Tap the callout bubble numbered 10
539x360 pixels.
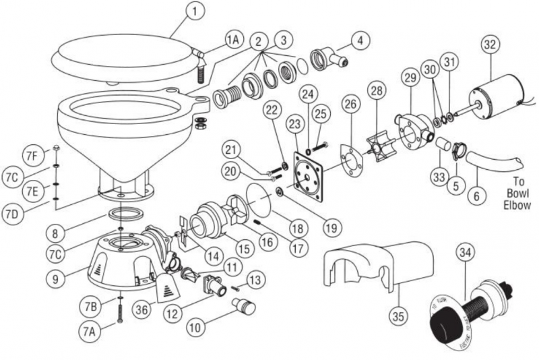(x=194, y=328)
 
